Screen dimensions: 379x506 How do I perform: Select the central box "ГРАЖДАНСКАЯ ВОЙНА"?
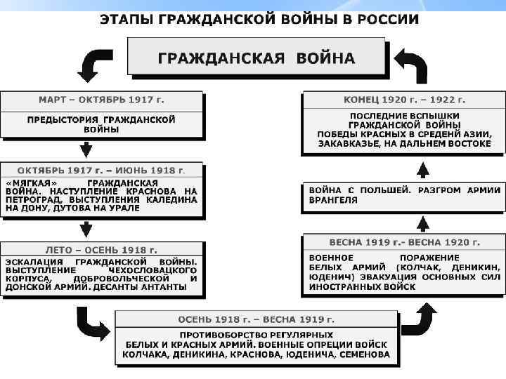(x=256, y=57)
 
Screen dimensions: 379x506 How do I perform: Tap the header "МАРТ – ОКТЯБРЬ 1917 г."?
(x=101, y=101)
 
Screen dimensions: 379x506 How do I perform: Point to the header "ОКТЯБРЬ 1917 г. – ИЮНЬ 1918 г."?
(x=101, y=171)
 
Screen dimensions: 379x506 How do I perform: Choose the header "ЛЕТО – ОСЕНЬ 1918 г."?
(x=101, y=250)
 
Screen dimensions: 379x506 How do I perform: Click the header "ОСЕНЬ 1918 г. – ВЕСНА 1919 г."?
(x=256, y=319)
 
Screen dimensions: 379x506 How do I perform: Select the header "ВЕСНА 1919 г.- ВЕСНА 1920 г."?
(x=403, y=242)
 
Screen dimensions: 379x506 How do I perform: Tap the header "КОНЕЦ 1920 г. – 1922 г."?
(x=403, y=100)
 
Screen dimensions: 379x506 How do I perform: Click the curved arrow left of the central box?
(x=91, y=66)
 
